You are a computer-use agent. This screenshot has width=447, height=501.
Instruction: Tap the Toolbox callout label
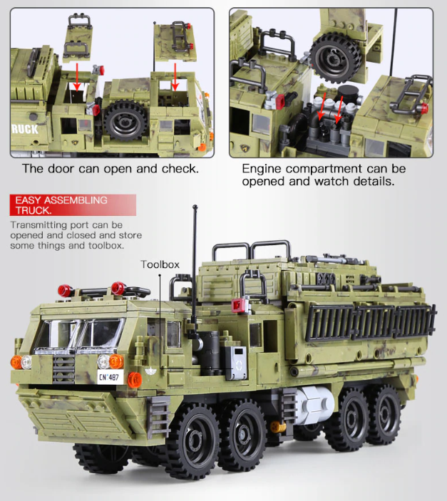pos(160,264)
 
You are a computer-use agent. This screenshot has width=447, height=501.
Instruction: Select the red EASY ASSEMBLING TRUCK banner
pos(71,205)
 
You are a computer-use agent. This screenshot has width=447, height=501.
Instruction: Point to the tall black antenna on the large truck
pos(194,271)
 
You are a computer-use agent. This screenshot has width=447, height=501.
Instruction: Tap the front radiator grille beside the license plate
pos(64,368)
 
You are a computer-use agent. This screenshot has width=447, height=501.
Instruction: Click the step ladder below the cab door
pos(160,417)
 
